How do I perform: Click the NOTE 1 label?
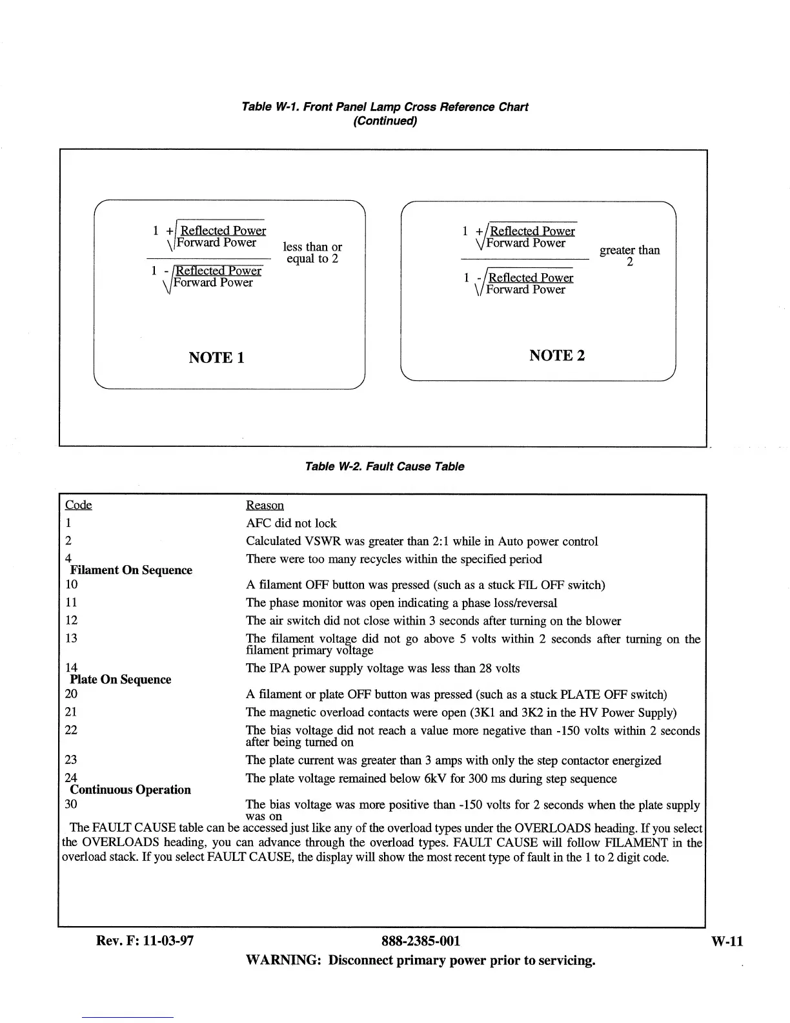[x=216, y=358]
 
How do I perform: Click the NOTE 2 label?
[x=557, y=355]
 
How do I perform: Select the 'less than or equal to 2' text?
[x=312, y=253]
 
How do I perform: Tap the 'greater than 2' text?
[x=629, y=256]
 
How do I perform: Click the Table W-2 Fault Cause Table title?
[x=384, y=466]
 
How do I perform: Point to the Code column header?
[x=79, y=504]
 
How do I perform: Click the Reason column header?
[x=265, y=505]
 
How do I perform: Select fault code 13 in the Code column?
[x=71, y=638]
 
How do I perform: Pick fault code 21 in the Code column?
[x=71, y=712]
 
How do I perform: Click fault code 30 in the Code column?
[x=71, y=804]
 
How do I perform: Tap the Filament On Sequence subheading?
[x=131, y=570]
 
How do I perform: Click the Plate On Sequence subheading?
[x=121, y=679]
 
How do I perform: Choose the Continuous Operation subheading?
[x=130, y=789]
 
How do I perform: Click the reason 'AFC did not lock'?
[x=291, y=523]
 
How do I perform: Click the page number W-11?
[x=727, y=941]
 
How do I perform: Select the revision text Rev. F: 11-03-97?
[x=145, y=941]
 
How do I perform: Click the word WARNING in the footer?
[x=283, y=960]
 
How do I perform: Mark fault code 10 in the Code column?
[x=71, y=584]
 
